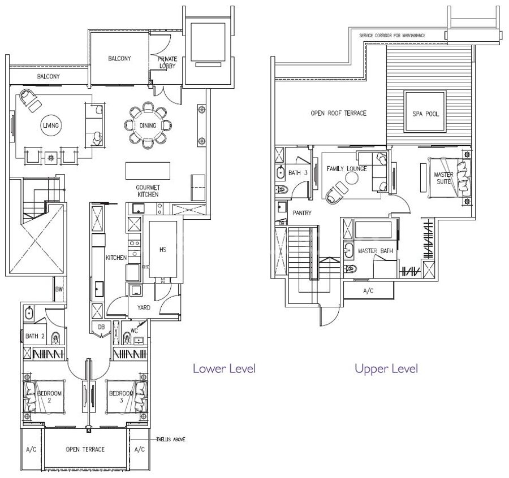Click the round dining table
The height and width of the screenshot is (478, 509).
(x=148, y=125)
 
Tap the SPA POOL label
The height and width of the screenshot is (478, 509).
(x=425, y=114)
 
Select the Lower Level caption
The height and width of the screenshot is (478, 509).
(x=224, y=368)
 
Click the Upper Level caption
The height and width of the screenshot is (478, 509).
(x=386, y=368)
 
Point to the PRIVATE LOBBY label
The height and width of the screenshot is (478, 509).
(x=167, y=62)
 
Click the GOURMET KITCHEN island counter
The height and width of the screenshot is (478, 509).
(x=148, y=171)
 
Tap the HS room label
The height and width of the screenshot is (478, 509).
(x=163, y=249)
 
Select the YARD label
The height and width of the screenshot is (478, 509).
(x=144, y=307)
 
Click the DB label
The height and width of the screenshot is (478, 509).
(x=101, y=327)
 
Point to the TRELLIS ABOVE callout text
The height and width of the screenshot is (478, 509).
(x=171, y=440)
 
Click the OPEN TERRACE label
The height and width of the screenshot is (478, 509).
(x=85, y=449)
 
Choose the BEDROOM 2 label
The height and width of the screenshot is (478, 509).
(x=49, y=397)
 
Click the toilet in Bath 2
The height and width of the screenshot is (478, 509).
(x=56, y=338)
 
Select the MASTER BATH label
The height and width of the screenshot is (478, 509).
(x=376, y=251)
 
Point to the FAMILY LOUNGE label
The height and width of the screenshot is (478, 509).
(x=347, y=168)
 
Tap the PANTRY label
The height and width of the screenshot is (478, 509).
(x=302, y=213)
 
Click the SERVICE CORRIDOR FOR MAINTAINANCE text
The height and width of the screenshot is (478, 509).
(x=392, y=36)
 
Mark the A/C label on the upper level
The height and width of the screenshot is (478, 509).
(x=368, y=290)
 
